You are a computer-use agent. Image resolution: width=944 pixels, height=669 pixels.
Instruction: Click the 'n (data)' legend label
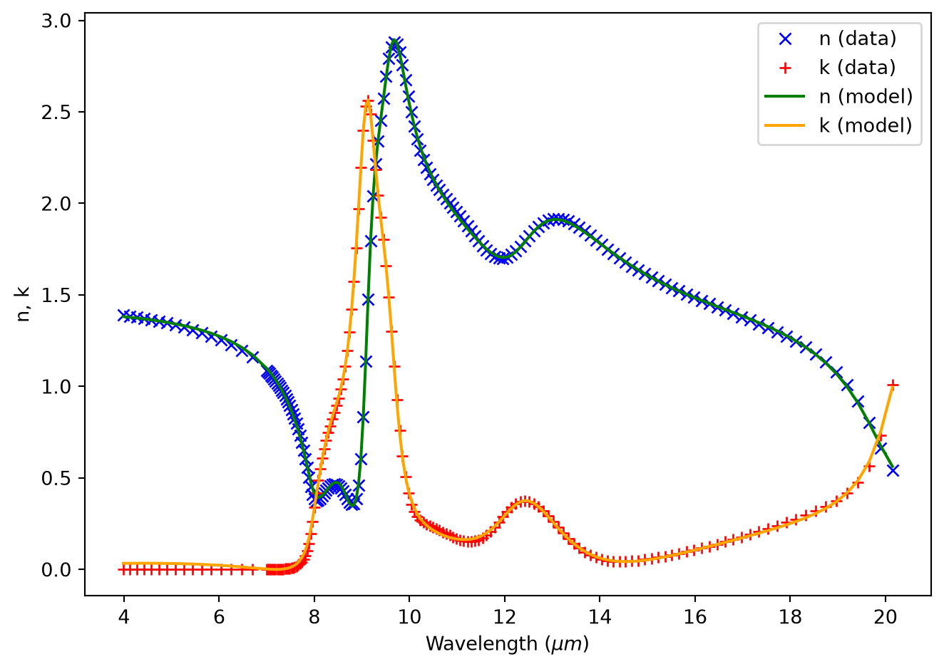pyautogui.click(x=858, y=39)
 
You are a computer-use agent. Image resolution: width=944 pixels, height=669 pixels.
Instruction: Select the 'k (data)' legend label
pyautogui.click(x=857, y=68)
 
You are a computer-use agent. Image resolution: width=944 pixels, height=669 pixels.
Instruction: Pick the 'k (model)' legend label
pyautogui.click(x=866, y=125)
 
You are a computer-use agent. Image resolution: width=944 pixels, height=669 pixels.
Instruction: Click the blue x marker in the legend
pyautogui.click(x=786, y=39)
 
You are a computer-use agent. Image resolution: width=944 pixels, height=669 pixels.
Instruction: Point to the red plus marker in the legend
pyautogui.click(x=786, y=68)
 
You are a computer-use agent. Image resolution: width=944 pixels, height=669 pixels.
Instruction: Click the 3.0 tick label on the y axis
pyautogui.click(x=56, y=21)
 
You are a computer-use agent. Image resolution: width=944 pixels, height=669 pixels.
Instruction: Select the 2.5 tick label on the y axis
pyautogui.click(x=56, y=112)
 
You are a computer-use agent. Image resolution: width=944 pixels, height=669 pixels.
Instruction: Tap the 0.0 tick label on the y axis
pyautogui.click(x=56, y=570)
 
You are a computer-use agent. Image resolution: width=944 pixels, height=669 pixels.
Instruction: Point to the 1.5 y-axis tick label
pyautogui.click(x=56, y=295)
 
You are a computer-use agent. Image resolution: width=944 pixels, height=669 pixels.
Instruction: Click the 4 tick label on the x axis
pyautogui.click(x=123, y=617)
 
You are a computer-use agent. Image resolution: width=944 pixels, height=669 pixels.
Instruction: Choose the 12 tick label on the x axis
pyautogui.click(x=505, y=617)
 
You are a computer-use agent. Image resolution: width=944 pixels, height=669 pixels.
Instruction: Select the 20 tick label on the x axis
pyautogui.click(x=885, y=617)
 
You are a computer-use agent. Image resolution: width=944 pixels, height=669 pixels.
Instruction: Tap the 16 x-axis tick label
pyautogui.click(x=694, y=617)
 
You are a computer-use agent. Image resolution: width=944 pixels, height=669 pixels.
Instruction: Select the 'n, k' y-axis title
pyautogui.click(x=23, y=304)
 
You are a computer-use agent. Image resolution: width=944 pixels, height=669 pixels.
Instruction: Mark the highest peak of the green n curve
pyautogui.click(x=394, y=41)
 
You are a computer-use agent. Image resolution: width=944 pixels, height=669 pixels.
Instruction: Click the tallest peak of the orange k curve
pyautogui.click(x=367, y=100)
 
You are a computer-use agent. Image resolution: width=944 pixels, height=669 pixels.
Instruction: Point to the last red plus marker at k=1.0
pyautogui.click(x=893, y=385)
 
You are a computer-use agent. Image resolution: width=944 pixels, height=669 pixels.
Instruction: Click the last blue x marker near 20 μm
pyautogui.click(x=893, y=470)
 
